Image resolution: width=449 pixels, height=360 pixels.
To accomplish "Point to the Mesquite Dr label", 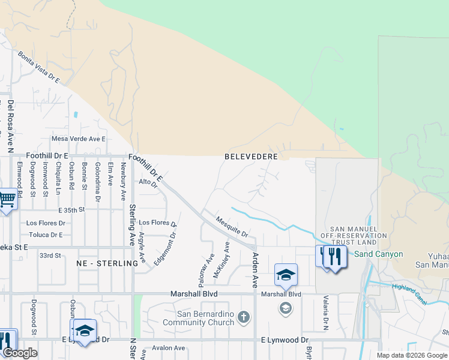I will [x=232, y=227].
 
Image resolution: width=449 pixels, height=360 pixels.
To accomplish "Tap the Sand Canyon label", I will [x=378, y=254].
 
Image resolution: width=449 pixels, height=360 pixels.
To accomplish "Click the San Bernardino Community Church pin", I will [x=243, y=317].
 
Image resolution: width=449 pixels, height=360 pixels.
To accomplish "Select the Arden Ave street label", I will [x=255, y=269].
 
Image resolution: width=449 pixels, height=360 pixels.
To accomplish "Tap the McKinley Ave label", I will [x=221, y=260].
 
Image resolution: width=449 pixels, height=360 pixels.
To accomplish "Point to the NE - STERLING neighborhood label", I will [x=107, y=263].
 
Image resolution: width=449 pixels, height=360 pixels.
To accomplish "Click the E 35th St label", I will [x=72, y=210].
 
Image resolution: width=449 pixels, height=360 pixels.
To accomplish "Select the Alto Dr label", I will [x=148, y=182].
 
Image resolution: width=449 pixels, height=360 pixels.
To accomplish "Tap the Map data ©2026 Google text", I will [x=412, y=355].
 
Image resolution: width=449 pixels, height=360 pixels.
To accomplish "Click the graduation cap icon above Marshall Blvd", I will [x=286, y=275].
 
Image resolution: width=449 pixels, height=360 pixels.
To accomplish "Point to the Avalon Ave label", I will [x=169, y=348].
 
